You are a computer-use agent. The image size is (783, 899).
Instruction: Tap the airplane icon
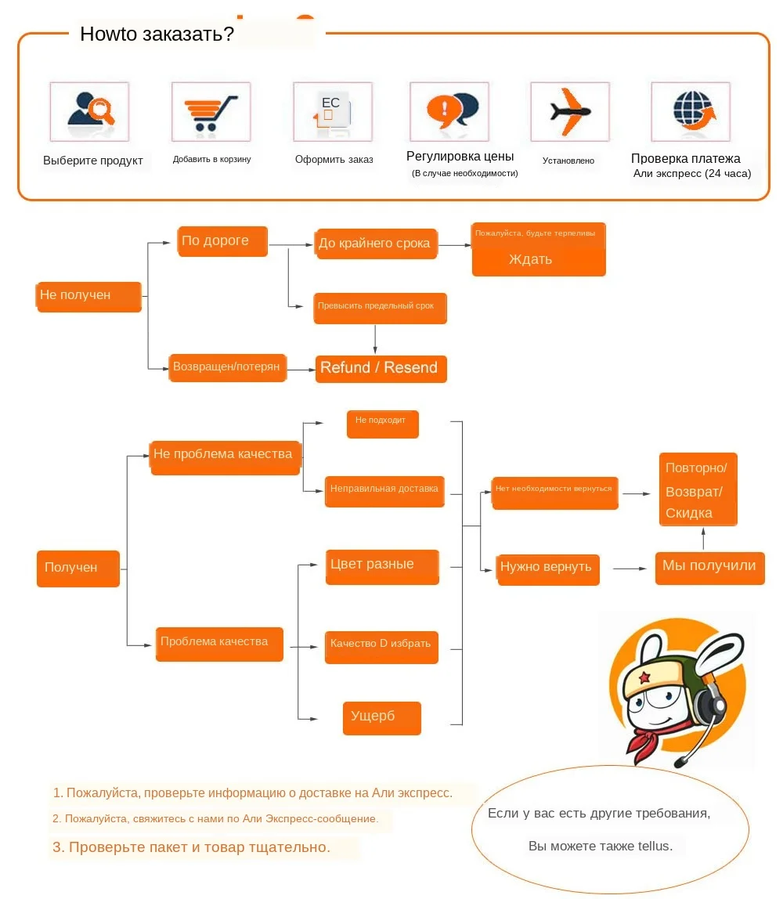click(x=569, y=111)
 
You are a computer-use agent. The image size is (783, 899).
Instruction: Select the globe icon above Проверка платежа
click(x=694, y=111)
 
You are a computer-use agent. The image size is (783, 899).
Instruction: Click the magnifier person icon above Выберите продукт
click(x=90, y=111)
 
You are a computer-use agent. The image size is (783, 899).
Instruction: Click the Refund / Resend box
click(x=381, y=368)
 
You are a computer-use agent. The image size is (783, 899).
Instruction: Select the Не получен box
click(x=88, y=296)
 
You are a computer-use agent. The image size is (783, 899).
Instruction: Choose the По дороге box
click(x=223, y=241)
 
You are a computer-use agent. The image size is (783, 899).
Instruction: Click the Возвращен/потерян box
click(x=227, y=367)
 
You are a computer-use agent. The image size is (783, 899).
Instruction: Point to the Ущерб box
click(x=381, y=717)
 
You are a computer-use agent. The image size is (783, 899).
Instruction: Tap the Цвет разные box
click(x=381, y=566)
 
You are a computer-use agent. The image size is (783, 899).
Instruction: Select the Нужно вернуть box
click(x=547, y=569)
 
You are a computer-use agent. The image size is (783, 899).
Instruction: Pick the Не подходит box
click(x=382, y=423)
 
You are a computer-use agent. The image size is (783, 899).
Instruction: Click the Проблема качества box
click(x=218, y=643)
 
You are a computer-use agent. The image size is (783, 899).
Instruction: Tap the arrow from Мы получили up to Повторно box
click(x=704, y=539)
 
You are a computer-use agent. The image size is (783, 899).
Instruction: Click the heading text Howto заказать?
click(x=157, y=35)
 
